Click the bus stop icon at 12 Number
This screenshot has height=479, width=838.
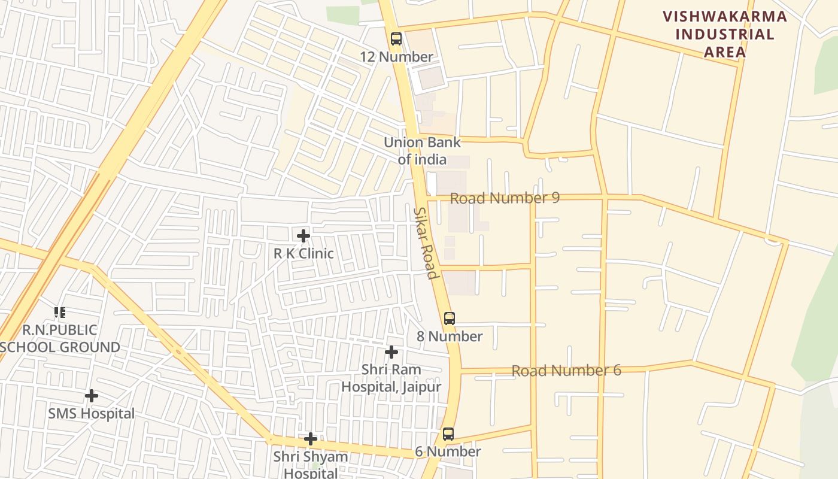(396, 39)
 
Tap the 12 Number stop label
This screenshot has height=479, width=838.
(396, 57)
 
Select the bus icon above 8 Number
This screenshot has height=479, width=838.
(450, 319)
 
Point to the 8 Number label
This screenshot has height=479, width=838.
(450, 336)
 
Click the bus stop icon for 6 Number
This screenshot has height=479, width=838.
(448, 434)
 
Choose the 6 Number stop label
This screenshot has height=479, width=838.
(448, 452)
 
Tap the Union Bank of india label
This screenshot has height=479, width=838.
(422, 151)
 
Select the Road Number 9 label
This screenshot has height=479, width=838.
(505, 198)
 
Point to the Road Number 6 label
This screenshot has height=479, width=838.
(566, 371)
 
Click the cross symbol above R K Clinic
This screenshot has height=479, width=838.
(303, 235)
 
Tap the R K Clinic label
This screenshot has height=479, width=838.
(303, 253)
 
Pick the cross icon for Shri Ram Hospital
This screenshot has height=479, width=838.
(391, 352)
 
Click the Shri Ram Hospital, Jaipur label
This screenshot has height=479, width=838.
(391, 378)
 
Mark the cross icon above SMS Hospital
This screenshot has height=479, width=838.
(92, 396)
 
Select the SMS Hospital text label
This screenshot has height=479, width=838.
(92, 414)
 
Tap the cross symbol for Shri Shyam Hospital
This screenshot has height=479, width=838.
(311, 439)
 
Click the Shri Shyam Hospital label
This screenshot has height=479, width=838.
(311, 465)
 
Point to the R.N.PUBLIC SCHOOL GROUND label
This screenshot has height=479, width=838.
(60, 339)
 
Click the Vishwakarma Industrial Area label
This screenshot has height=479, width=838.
(725, 34)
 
